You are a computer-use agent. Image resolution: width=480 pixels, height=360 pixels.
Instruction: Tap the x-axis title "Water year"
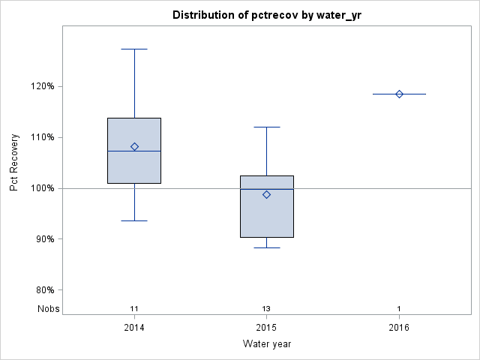pyautogui.click(x=266, y=343)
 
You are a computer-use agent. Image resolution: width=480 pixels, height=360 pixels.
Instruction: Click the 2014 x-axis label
pyautogui.click(x=134, y=328)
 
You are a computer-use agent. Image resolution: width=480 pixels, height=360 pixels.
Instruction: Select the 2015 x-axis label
pyautogui.click(x=266, y=328)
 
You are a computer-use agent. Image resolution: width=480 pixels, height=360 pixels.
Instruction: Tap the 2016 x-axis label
pyautogui.click(x=399, y=328)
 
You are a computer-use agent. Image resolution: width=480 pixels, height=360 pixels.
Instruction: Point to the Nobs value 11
pyautogui.click(x=134, y=308)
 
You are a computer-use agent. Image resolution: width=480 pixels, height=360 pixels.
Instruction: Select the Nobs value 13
pyautogui.click(x=266, y=308)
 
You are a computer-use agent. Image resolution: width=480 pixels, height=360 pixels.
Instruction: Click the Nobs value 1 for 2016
pyautogui.click(x=399, y=308)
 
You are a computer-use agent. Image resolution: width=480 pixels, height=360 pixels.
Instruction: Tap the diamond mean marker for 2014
pyautogui.click(x=134, y=146)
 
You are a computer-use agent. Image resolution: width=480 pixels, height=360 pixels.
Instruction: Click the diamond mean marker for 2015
pyautogui.click(x=266, y=194)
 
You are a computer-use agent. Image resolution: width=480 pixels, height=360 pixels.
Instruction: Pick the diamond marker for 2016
pyautogui.click(x=399, y=94)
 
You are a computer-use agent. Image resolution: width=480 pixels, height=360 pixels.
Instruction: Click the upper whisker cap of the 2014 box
pyautogui.click(x=134, y=49)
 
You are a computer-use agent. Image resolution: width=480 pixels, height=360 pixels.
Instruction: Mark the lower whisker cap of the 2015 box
pyautogui.click(x=266, y=247)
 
